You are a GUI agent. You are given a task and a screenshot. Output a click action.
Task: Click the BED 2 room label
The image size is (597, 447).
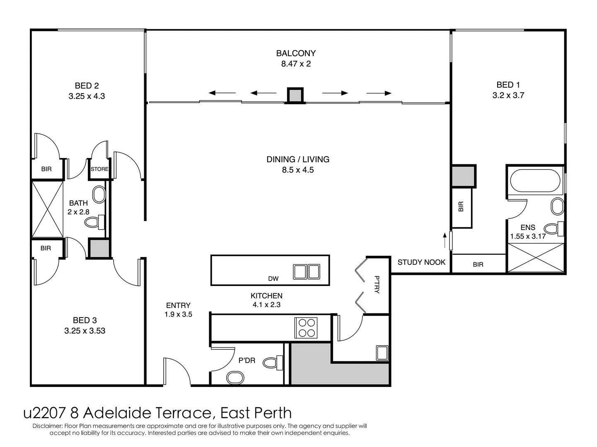pos(87,86)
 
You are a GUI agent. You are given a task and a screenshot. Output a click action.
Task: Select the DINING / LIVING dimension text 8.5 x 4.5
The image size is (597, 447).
pos(297,170)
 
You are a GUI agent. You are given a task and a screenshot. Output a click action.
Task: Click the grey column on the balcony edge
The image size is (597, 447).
pos(295,96)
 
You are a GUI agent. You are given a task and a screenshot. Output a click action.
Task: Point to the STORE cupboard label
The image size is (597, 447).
pos(99,169)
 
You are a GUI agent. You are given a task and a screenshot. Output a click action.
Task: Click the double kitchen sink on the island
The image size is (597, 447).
pos(307,272)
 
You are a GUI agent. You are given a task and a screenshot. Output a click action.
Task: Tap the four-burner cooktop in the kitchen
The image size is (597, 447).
pos(306,327)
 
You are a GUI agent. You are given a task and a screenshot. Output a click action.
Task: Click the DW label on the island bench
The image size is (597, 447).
pos(273,279)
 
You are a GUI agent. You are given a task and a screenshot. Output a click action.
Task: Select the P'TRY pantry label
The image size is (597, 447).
pos(377,284)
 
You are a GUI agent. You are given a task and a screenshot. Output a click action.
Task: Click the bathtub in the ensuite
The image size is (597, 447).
pos(534,181)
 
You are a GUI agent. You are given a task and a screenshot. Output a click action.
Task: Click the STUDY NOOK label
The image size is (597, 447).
pos(421,262)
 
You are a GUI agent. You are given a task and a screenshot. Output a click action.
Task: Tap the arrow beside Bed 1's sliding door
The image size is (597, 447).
pos(445,240)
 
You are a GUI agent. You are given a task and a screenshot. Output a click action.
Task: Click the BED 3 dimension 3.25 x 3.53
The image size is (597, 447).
pos(85,331)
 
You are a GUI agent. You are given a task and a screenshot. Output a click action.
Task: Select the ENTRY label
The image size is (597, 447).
pos(178,305)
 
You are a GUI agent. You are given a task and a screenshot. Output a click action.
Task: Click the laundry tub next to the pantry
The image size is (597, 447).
pos(382,353)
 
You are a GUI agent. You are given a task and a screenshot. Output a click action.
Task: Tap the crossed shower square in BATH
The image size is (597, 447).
pos(47,209)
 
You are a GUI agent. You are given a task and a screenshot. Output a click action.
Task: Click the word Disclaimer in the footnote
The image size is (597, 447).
pos(47,426)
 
